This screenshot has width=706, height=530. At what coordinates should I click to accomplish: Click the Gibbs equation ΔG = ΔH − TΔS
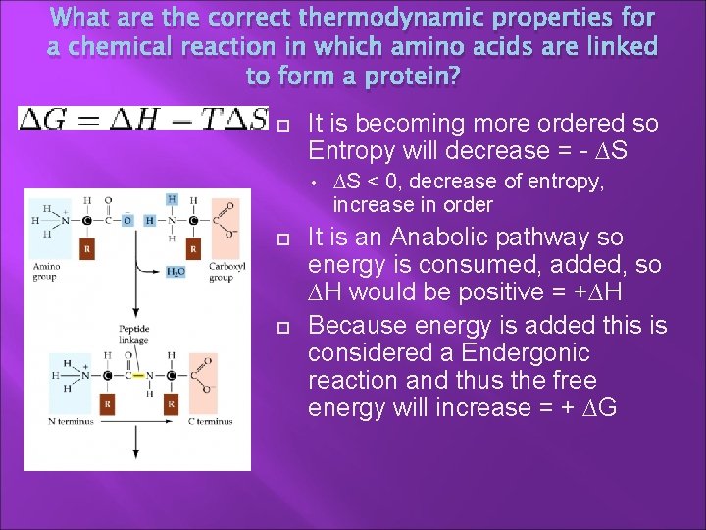[x=143, y=119]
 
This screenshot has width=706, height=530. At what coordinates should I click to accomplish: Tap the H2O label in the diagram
[x=176, y=272]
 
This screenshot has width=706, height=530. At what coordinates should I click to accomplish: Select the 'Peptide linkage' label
[x=135, y=334]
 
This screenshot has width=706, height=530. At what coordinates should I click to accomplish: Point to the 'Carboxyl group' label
[x=220, y=272]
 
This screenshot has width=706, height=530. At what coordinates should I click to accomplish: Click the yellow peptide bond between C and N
[x=138, y=375]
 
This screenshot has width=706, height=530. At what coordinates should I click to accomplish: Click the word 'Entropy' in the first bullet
[x=345, y=151]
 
